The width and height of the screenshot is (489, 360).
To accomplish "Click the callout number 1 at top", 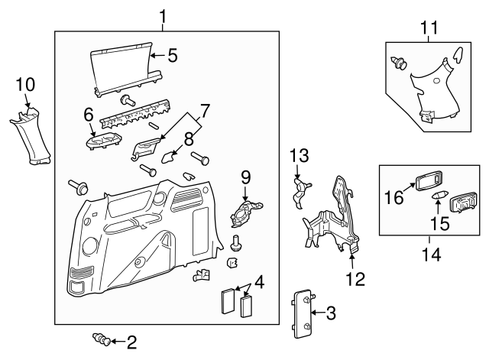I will (163, 16).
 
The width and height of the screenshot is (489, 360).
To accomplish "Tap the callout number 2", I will (131, 342).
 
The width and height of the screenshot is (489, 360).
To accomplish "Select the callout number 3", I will (330, 312).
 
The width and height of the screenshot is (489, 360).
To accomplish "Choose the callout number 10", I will (26, 83).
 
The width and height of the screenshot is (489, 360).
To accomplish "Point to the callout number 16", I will (393, 199).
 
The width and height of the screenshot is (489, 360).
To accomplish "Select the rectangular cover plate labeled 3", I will (302, 313).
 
